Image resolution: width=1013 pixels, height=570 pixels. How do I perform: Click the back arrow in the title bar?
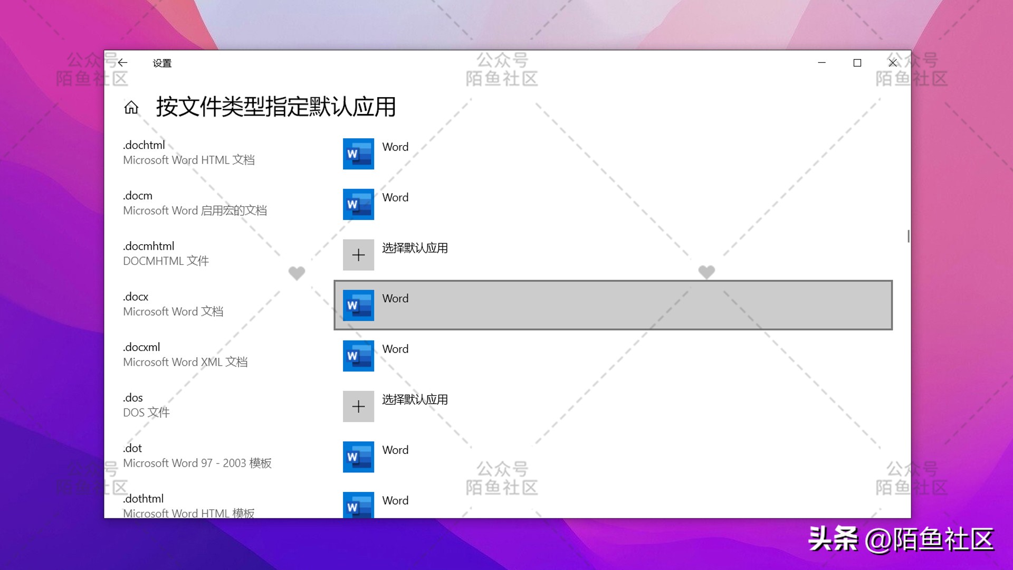(123, 63)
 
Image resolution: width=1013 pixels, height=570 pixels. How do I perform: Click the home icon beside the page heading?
(131, 108)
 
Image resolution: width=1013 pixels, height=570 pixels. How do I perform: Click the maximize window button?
(857, 63)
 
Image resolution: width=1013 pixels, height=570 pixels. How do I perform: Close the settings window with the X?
(893, 63)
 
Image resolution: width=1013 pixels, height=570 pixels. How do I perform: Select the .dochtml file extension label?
(144, 145)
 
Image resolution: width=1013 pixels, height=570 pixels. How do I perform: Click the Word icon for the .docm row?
(358, 204)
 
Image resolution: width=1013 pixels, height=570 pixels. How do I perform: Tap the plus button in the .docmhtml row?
(358, 255)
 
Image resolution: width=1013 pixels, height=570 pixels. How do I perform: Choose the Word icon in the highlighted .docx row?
(358, 305)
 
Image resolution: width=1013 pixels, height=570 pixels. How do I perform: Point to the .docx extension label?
(136, 297)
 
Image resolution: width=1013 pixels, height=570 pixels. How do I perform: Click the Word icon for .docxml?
(358, 356)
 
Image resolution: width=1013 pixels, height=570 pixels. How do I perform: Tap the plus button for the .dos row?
(358, 406)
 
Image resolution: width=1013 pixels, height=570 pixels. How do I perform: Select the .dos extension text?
(133, 398)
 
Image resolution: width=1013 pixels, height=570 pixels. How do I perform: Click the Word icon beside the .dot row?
(358, 457)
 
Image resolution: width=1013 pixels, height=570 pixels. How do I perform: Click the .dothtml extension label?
(144, 499)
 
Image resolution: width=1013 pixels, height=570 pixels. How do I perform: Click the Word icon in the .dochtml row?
(358, 154)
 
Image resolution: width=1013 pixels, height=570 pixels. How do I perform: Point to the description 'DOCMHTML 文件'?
(166, 261)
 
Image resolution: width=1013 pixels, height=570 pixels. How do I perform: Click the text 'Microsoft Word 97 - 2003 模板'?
(197, 463)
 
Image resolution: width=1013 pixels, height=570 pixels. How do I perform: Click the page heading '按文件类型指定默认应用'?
(275, 107)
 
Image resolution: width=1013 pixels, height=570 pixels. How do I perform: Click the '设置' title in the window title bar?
(162, 63)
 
